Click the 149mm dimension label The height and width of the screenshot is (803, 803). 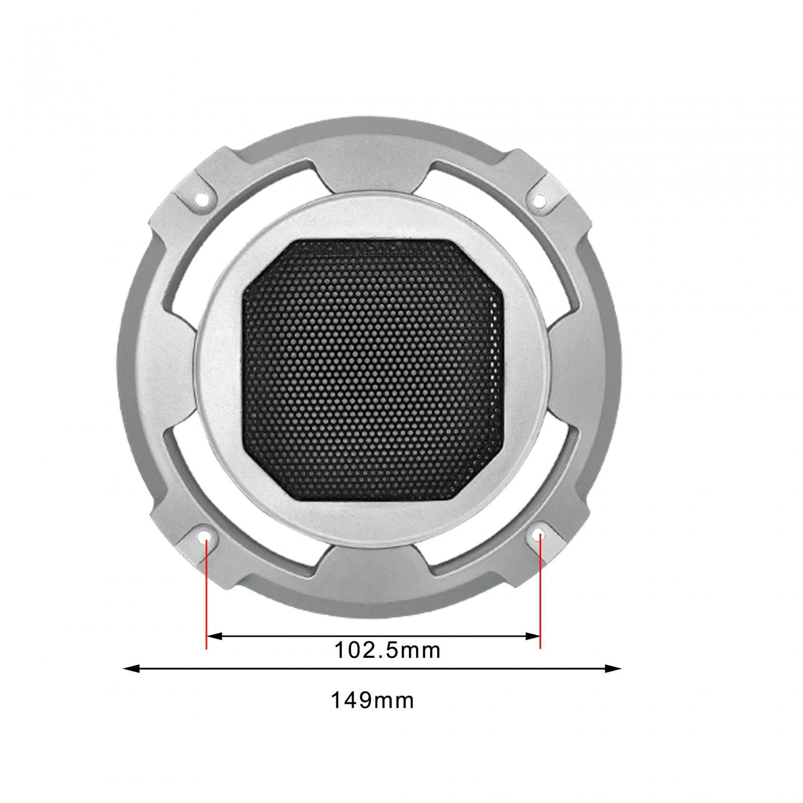[372, 701]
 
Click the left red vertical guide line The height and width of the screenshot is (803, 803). [206, 592]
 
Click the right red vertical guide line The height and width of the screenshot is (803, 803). [540, 592]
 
